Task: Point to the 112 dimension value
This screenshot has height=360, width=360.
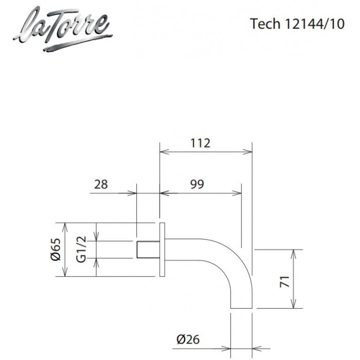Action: point(200,143)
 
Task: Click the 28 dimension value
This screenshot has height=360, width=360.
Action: point(101,184)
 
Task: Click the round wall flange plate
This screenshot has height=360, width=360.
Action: point(162,250)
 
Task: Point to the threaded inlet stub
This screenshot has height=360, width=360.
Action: point(148,250)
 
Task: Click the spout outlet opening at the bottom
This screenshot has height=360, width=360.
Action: point(241,308)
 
